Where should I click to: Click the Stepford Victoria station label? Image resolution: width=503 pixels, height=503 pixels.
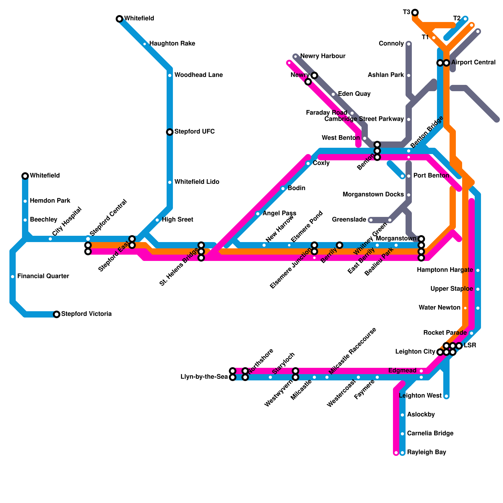coord(86,314)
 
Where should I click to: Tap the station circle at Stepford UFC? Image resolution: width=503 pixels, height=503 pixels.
coord(170,132)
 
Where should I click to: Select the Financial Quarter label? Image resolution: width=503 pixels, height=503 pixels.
coord(43,276)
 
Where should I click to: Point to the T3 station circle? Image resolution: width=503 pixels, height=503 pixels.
coord(415,13)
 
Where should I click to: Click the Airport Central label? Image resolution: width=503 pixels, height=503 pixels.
coord(473,63)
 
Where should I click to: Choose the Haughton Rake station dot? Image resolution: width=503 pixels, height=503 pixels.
coord(145,44)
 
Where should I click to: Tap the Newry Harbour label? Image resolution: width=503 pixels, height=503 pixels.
coord(323,56)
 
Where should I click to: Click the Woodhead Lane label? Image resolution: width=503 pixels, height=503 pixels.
coord(198,75)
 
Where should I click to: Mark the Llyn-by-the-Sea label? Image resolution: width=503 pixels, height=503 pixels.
coord(204,377)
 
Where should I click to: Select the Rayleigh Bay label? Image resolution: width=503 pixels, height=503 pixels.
coord(427,452)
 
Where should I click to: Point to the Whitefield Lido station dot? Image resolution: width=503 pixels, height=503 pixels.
coord(170,182)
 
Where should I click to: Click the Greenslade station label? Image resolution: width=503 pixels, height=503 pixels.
coord(349,220)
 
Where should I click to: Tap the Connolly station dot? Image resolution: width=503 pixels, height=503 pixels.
coord(409,44)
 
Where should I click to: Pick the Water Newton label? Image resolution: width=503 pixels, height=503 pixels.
coord(439,308)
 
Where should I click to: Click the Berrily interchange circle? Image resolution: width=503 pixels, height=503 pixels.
coord(340,245)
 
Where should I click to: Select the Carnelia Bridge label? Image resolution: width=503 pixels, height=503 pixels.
coord(430,434)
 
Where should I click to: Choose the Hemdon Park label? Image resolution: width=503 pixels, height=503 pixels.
coord(50,201)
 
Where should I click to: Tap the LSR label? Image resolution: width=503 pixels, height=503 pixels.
coord(470,345)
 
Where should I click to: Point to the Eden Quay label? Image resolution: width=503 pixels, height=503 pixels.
coord(354,94)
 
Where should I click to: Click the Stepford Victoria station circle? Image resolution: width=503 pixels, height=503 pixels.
coord(57,314)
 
